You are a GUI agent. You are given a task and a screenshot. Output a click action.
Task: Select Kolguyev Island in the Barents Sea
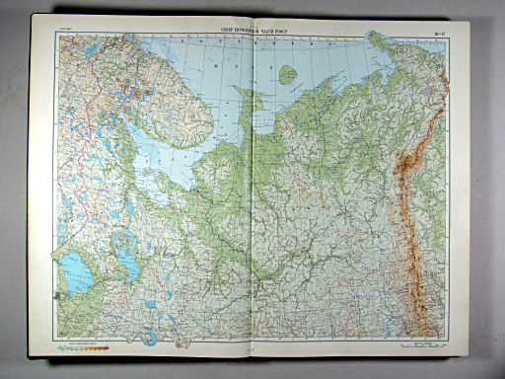click(287, 74)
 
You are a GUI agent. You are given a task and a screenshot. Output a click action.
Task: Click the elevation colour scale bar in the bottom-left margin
click(79, 346)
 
